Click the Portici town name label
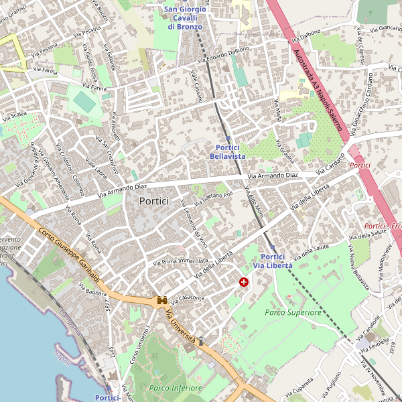[x=154, y=200]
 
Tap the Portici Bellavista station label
[x=228, y=151]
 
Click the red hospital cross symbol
[x=243, y=283]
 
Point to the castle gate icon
[x=162, y=301]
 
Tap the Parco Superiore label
[x=293, y=312]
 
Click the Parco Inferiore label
[x=175, y=388]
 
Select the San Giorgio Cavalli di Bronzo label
[x=186, y=17]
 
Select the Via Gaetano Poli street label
[x=214, y=195]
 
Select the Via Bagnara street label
[x=92, y=289]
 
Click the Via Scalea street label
[x=14, y=115]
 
